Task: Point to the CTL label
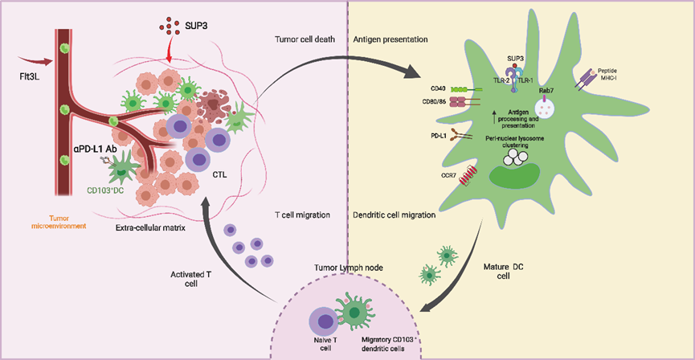(219, 175)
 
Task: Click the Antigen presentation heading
(390, 39)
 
